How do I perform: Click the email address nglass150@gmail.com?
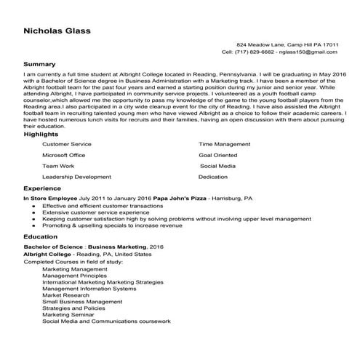tap(310, 52)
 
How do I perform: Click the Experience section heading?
tap(42, 188)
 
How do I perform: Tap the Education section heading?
tap(41, 237)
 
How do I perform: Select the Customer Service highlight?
tap(67, 145)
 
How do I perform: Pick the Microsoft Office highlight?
tap(64, 155)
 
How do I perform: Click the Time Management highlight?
tap(225, 145)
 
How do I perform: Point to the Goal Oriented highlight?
tap(217, 155)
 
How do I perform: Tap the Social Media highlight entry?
tap(217, 166)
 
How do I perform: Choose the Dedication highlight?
tap(213, 177)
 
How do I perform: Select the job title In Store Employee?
tap(49, 198)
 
